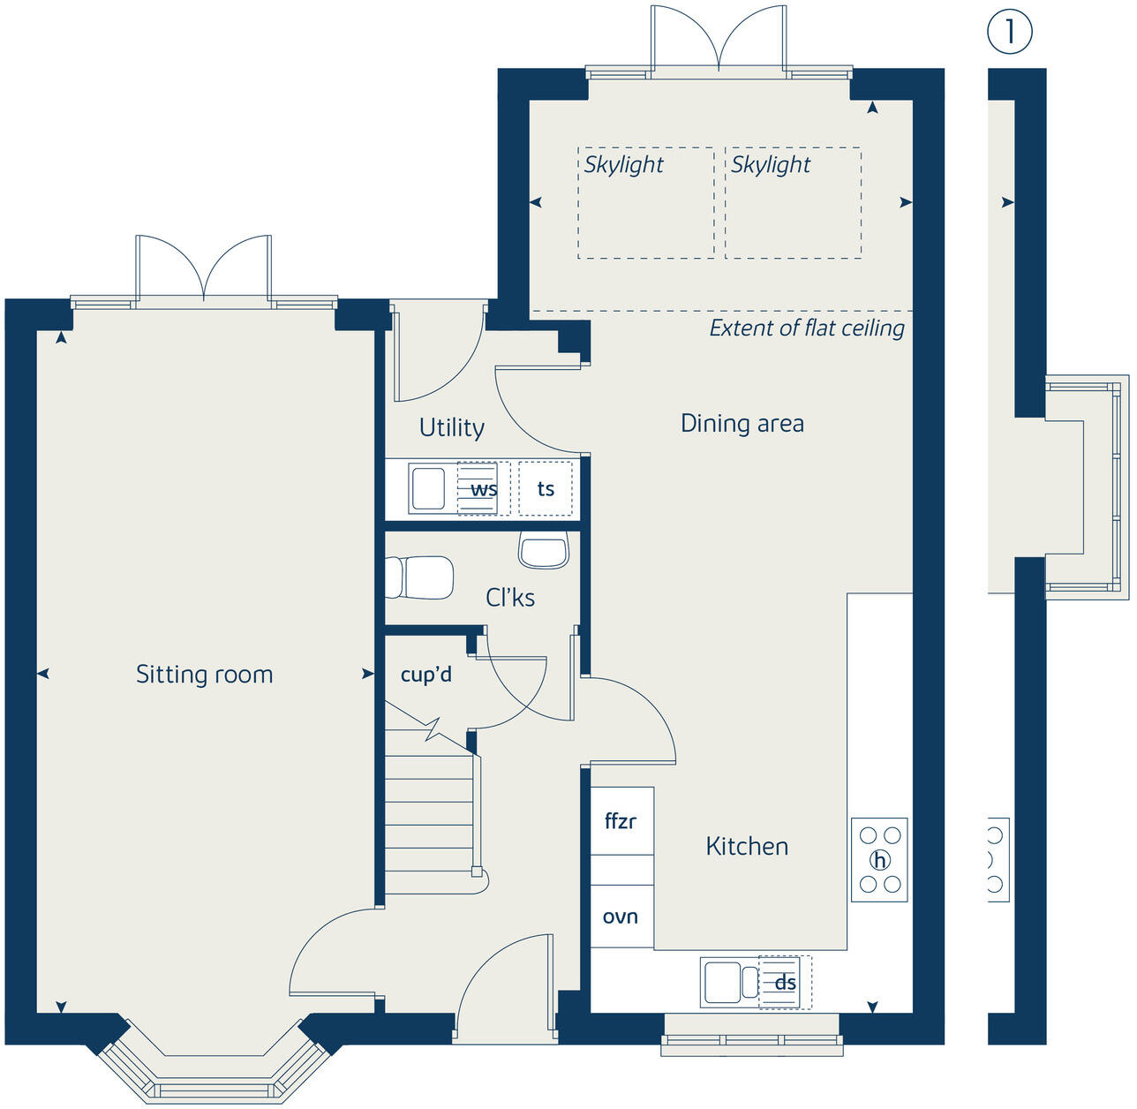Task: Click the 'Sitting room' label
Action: (x=204, y=675)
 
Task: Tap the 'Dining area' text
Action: (x=742, y=424)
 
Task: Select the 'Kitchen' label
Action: (x=747, y=846)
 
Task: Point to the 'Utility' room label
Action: (x=451, y=428)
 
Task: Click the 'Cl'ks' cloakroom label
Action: (x=510, y=598)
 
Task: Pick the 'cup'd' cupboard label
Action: (x=425, y=675)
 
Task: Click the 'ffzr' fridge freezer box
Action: (x=621, y=821)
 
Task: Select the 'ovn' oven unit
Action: (x=621, y=917)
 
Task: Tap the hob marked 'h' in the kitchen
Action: (x=879, y=860)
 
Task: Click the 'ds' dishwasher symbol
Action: (x=785, y=983)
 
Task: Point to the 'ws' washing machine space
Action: (x=483, y=488)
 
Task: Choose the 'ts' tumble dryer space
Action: (x=546, y=488)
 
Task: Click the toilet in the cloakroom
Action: (x=421, y=577)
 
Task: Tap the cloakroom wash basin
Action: (x=544, y=552)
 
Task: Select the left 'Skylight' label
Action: (x=623, y=164)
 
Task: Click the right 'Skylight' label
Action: (x=770, y=164)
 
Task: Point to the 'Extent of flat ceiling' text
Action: (x=807, y=328)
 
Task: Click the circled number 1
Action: (x=1009, y=32)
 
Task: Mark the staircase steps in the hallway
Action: (x=430, y=812)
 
